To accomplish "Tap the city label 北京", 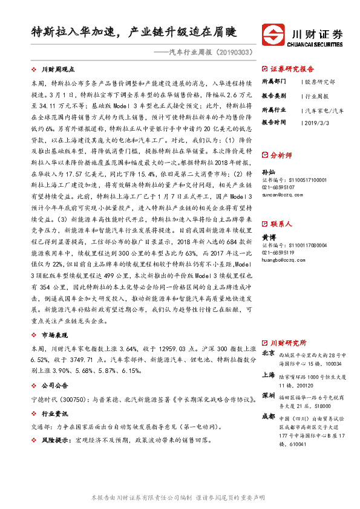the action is (x=268, y=353).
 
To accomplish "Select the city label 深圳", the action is (x=268, y=395).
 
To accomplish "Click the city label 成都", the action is (x=268, y=417).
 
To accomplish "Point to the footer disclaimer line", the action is (x=180, y=497).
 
